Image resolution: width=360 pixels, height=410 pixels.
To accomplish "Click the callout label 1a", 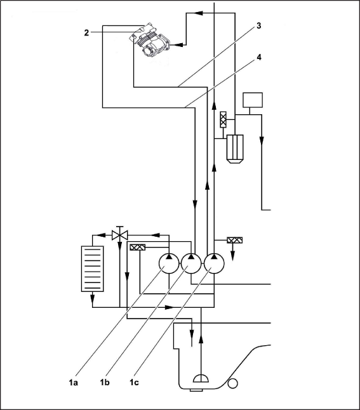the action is point(74,383).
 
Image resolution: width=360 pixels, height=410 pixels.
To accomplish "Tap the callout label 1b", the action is point(105,383).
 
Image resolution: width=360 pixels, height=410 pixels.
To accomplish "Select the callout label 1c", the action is point(134,383).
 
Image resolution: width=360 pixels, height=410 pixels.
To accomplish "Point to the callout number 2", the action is point(86,33).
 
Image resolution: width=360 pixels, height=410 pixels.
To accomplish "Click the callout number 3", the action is point(259,26).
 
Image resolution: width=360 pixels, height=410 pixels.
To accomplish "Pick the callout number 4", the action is point(259,57).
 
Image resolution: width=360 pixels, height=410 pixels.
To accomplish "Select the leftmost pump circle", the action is point(169,263).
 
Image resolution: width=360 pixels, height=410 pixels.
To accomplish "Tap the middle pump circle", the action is point(191,263).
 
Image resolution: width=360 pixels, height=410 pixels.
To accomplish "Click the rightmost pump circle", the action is point(214,263).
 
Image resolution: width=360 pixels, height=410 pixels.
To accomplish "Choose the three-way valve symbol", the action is point(120,234).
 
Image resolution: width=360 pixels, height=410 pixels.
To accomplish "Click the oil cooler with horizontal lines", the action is point(92,268).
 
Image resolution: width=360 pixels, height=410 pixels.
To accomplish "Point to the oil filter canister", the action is point(235,149).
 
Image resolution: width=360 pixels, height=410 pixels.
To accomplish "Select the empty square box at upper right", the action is point(253,100).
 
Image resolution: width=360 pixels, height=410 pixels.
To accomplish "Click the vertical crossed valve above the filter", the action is point(223,119).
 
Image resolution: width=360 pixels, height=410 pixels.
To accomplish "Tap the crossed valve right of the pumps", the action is point(235,240).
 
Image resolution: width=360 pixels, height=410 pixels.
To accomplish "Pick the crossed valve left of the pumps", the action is point(138,247).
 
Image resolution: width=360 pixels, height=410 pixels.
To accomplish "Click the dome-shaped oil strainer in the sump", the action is point(201,378).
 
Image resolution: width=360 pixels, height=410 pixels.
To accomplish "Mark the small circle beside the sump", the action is point(232,384).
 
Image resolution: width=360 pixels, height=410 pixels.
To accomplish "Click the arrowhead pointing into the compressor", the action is point(178,45).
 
